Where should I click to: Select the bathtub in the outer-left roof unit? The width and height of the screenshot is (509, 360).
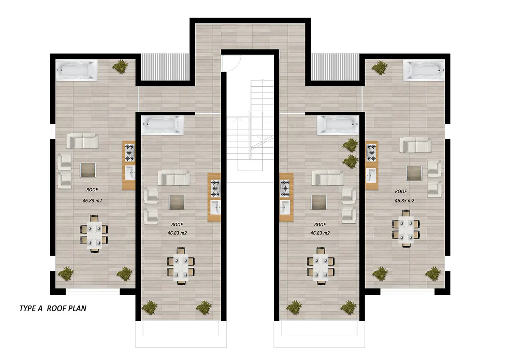[76, 70]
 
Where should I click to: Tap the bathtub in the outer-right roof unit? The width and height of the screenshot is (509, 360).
[424, 70]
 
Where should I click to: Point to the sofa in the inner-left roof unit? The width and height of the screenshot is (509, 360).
[174, 178]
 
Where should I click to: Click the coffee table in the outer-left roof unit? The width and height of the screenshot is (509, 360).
[88, 170]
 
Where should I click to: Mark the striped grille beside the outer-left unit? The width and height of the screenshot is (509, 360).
[165, 67]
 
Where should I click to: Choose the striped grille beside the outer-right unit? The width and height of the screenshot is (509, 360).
[335, 67]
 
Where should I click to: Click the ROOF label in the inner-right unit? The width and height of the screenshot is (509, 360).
[320, 225]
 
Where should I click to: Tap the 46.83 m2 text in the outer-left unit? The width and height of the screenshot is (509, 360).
[92, 200]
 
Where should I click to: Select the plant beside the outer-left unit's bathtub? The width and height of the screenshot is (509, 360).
[121, 66]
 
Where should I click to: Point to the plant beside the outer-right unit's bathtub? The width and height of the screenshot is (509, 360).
[380, 67]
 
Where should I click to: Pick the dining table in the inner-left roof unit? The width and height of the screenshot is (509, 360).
[181, 266]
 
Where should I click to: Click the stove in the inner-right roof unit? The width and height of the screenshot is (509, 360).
[285, 189]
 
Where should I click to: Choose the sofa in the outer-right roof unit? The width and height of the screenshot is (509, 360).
[415, 145]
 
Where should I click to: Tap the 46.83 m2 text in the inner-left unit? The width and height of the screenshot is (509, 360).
[177, 233]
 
